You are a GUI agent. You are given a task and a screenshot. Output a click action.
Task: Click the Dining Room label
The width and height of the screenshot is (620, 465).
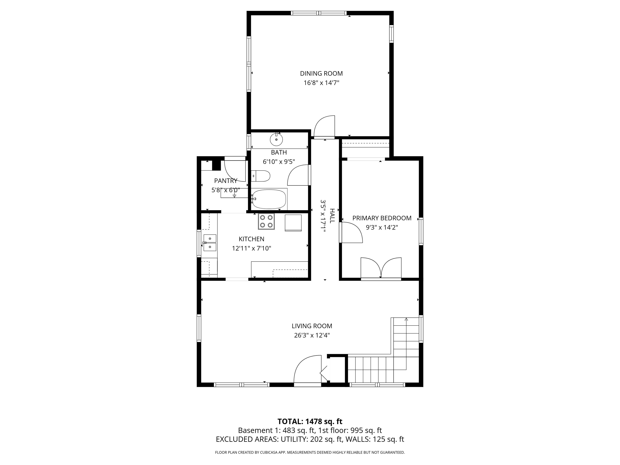pos(321,73)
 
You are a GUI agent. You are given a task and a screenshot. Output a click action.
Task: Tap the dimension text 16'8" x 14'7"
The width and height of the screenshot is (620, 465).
pos(321,83)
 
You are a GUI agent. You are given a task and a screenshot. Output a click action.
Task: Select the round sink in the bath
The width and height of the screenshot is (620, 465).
pos(276,139)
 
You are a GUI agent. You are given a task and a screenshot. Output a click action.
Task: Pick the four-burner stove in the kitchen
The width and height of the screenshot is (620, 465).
pos(266,221)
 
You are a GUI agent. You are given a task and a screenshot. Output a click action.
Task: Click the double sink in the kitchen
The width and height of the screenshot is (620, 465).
pos(210,243)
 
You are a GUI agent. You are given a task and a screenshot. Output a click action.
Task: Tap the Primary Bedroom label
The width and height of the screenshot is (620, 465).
pos(382,218)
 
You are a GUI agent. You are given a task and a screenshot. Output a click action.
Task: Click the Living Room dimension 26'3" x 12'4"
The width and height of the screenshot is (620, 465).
pos(312,335)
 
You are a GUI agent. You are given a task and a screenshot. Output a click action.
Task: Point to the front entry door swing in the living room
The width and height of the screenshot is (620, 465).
pos(308,369)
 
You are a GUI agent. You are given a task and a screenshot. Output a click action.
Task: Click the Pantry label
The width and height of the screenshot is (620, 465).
pos(226,181)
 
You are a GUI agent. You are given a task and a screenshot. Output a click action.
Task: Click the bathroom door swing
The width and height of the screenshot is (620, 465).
pos(299,175)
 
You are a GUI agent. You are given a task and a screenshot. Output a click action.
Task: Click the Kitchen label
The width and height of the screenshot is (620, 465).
pos(251,239)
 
